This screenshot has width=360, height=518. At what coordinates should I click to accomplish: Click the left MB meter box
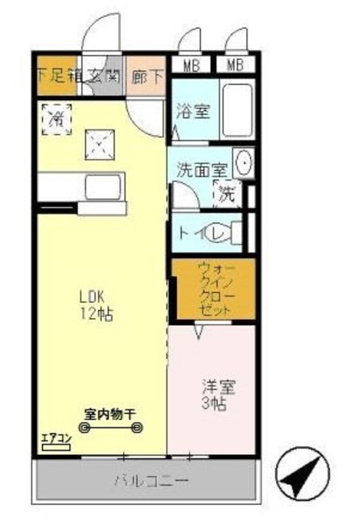[193, 64]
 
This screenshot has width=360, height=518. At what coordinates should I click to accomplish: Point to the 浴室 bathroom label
[193, 112]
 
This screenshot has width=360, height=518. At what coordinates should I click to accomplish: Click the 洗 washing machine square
[227, 194]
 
